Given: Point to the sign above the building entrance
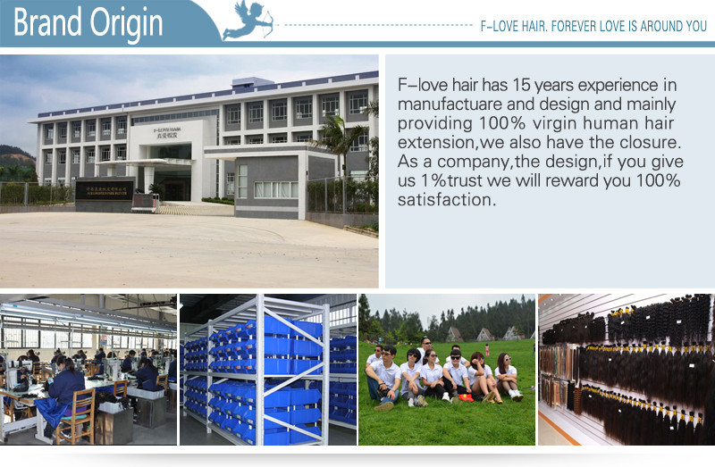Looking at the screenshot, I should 167,131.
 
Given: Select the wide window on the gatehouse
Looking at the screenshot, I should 275,189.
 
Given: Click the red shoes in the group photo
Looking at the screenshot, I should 466,397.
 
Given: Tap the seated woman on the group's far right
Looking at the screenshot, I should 507,376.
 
